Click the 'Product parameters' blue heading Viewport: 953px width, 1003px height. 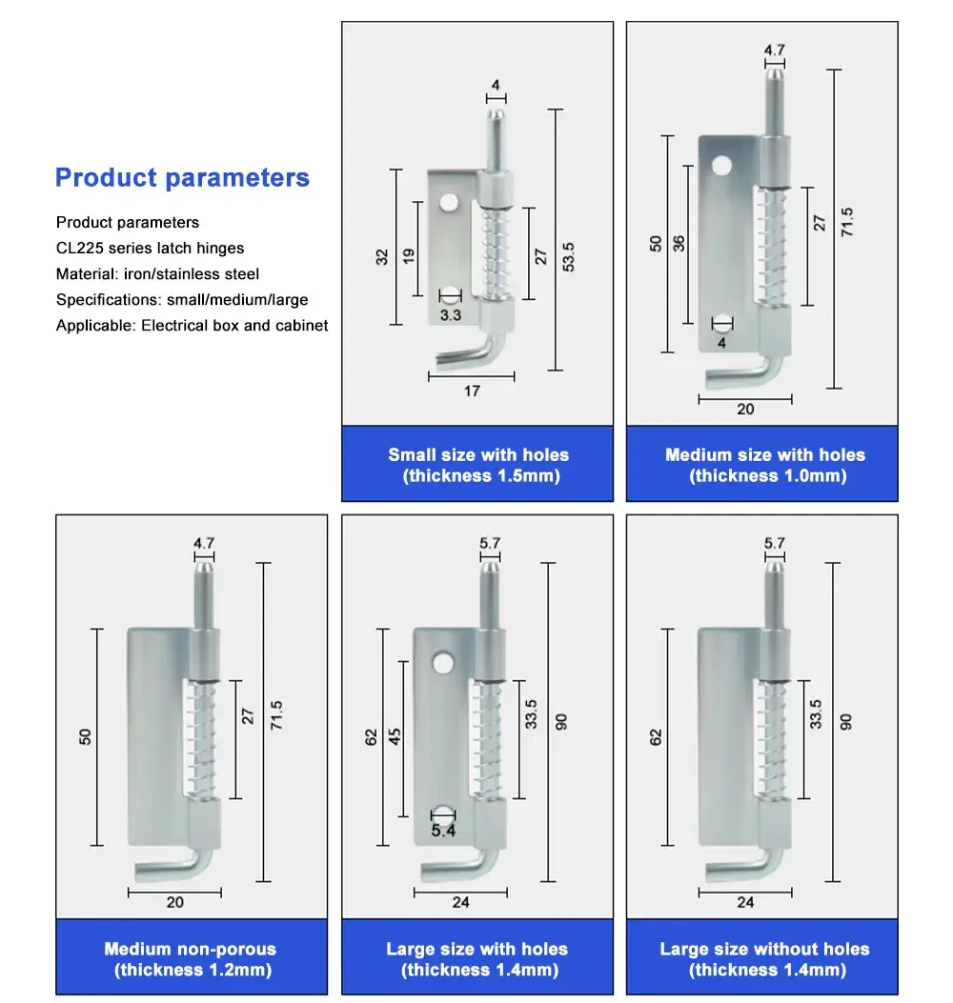pos(182,178)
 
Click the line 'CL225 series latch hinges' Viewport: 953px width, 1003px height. pos(150,249)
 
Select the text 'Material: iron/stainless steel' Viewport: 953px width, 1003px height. pos(157,274)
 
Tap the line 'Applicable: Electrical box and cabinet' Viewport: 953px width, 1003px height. pos(192,326)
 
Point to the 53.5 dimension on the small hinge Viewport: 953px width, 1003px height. pos(569,256)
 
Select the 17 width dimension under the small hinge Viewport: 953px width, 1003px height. pos(472,391)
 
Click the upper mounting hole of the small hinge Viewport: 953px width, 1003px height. pos(448,204)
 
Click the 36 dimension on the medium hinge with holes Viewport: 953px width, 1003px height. pos(679,243)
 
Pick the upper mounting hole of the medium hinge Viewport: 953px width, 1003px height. pos(721,168)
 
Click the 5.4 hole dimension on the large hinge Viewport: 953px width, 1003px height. pos(443,831)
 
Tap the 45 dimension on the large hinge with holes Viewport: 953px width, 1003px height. pos(395,735)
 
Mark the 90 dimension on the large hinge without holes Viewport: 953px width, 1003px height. pos(846,721)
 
